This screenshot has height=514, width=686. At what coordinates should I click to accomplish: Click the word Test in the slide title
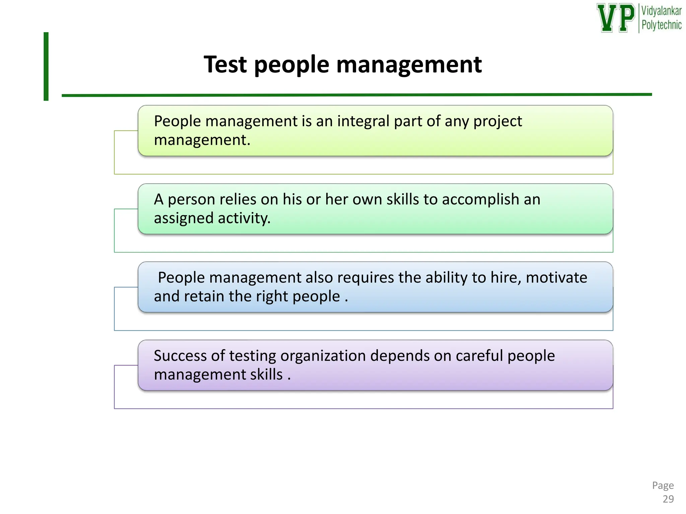(225, 64)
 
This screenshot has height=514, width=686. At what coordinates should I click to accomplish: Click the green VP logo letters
(616, 18)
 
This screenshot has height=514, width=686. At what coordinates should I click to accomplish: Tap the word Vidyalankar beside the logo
(661, 11)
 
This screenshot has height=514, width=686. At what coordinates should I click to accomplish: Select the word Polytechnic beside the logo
(661, 25)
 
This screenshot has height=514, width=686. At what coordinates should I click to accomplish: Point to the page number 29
(668, 499)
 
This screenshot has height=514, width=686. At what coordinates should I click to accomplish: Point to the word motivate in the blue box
(556, 278)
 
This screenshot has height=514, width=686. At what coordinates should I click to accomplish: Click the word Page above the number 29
(663, 485)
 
